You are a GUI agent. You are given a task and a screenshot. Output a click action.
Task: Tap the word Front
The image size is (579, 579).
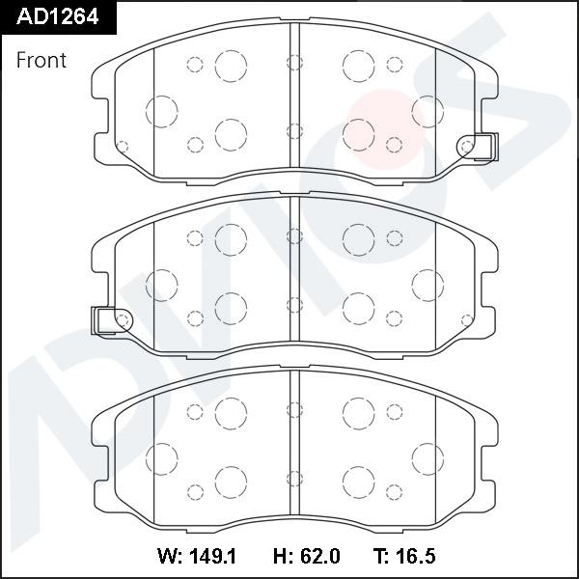41,60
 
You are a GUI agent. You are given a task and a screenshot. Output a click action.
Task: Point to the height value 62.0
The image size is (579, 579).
319,557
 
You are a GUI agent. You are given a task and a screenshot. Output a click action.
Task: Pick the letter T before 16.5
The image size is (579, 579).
378,557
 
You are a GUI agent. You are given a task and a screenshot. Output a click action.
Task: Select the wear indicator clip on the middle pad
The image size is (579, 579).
106,319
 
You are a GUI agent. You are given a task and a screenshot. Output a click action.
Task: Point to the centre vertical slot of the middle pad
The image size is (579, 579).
295,275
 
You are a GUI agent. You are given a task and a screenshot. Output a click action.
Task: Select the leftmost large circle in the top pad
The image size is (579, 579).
161,110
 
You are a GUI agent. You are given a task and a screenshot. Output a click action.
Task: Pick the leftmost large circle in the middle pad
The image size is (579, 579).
161,285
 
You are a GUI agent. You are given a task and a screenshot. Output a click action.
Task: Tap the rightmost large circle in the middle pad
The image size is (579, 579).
427,285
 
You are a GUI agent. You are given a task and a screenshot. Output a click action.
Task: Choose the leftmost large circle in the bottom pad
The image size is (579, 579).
161,457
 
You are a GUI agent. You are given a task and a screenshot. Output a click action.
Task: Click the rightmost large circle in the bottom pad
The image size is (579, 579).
427,457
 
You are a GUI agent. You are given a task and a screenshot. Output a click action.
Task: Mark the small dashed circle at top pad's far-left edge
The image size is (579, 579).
122,147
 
